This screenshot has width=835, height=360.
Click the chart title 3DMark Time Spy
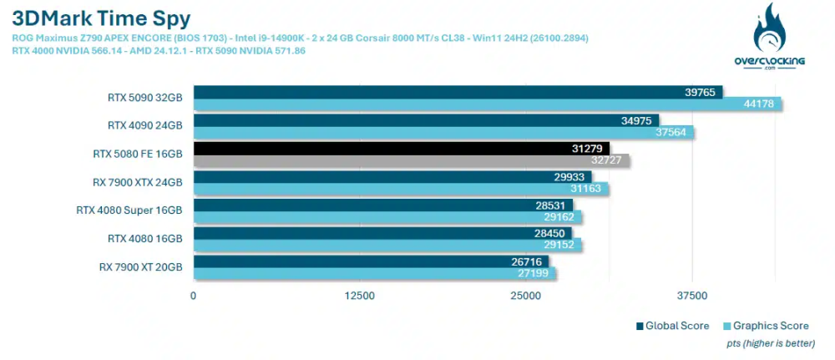click(x=101, y=18)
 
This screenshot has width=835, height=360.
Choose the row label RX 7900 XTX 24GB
click(x=137, y=182)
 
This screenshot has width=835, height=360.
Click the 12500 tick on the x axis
click(x=360, y=296)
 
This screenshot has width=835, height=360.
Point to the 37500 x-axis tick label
click(x=692, y=296)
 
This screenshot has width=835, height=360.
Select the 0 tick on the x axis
click(x=194, y=296)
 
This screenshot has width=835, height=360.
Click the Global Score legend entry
click(x=674, y=326)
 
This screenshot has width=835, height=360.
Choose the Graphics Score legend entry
click(x=767, y=326)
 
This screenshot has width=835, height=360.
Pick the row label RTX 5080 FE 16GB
click(x=137, y=154)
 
